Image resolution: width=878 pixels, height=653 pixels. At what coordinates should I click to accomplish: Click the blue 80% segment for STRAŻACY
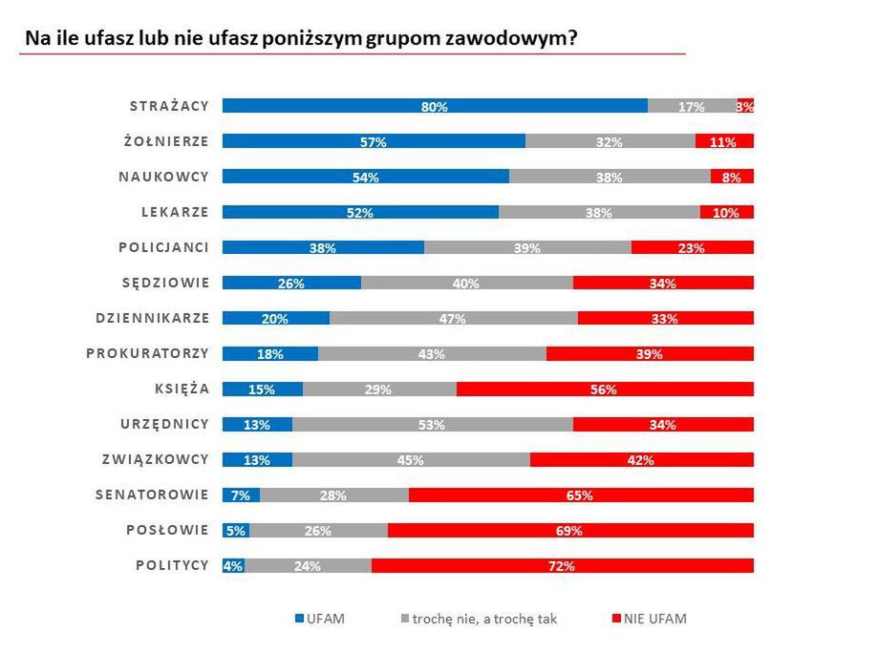tap(435, 106)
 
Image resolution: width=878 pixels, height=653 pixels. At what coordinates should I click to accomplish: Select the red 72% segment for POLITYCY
tap(562, 565)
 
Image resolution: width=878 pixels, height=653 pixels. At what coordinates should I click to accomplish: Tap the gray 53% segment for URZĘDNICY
tap(432, 424)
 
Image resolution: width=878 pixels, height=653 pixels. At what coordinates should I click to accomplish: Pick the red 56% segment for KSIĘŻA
tap(605, 389)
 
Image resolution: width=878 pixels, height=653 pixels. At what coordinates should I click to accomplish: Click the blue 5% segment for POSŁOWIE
tap(235, 530)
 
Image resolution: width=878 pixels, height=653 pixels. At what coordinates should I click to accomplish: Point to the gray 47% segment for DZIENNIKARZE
tap(453, 318)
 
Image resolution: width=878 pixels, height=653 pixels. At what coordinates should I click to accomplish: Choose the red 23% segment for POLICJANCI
tap(692, 247)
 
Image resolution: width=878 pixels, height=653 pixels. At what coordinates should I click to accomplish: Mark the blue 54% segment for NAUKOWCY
tap(366, 177)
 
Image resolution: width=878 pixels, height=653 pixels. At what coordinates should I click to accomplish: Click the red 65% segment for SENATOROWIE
tap(580, 495)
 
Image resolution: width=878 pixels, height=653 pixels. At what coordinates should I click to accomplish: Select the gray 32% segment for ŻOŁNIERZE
tap(610, 141)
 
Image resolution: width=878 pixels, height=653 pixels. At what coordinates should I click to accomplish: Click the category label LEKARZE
tap(176, 212)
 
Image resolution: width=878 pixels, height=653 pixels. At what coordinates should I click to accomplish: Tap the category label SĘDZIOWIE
tap(165, 283)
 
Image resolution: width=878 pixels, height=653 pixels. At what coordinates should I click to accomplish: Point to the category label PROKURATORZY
tap(147, 353)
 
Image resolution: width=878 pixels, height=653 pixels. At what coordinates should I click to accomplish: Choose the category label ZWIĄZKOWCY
tap(155, 459)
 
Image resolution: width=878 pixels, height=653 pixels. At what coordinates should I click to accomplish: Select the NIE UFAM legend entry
tap(649, 619)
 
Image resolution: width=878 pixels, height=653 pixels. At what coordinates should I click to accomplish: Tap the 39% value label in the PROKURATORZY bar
tap(649, 353)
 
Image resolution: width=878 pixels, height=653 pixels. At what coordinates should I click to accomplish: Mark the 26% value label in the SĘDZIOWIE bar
tap(291, 283)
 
